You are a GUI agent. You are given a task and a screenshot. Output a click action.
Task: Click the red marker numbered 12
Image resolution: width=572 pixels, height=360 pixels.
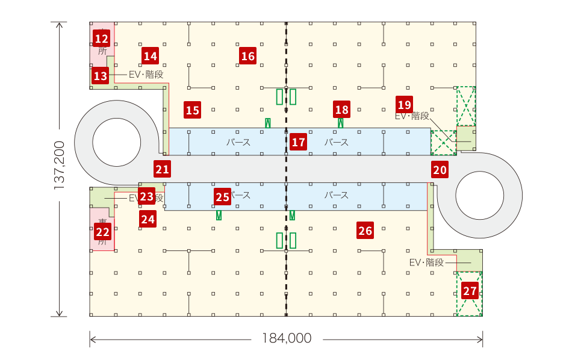point(101,39)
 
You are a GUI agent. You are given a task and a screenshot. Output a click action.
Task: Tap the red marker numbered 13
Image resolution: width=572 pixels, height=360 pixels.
point(100,76)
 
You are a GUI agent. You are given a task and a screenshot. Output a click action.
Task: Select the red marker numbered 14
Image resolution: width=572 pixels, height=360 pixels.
point(150,57)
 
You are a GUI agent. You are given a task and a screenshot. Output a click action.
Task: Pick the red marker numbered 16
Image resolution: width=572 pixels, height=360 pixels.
point(247,57)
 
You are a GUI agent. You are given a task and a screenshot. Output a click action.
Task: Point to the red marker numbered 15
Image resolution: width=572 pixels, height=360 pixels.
point(192,110)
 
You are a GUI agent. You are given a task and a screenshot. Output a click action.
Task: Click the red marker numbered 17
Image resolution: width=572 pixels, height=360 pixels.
point(298,142)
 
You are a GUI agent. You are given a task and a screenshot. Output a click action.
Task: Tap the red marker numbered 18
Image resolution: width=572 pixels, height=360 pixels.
point(341,110)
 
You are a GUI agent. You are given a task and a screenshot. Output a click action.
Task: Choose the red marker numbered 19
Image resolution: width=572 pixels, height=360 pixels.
point(405,104)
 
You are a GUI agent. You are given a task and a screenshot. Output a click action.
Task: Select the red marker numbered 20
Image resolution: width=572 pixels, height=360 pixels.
point(440,170)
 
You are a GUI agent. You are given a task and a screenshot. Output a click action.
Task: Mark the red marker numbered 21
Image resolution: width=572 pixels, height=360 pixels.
point(161,169)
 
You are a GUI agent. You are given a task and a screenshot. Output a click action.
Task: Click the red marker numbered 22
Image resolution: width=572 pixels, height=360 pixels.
point(103,231)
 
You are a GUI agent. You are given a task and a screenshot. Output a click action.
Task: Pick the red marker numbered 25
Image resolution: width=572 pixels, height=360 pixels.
point(222,196)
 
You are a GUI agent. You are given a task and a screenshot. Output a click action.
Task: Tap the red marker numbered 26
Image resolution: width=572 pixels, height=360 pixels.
point(365,230)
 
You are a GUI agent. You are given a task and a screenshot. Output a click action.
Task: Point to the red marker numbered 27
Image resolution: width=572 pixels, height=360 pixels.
point(470,291)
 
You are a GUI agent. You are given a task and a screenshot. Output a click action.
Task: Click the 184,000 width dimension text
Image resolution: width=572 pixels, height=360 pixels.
point(287,338)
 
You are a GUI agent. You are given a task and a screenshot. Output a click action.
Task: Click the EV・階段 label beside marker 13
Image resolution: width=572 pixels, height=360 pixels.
point(146,75)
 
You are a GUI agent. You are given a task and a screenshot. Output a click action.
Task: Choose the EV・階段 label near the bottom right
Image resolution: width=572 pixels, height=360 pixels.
point(426,262)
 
